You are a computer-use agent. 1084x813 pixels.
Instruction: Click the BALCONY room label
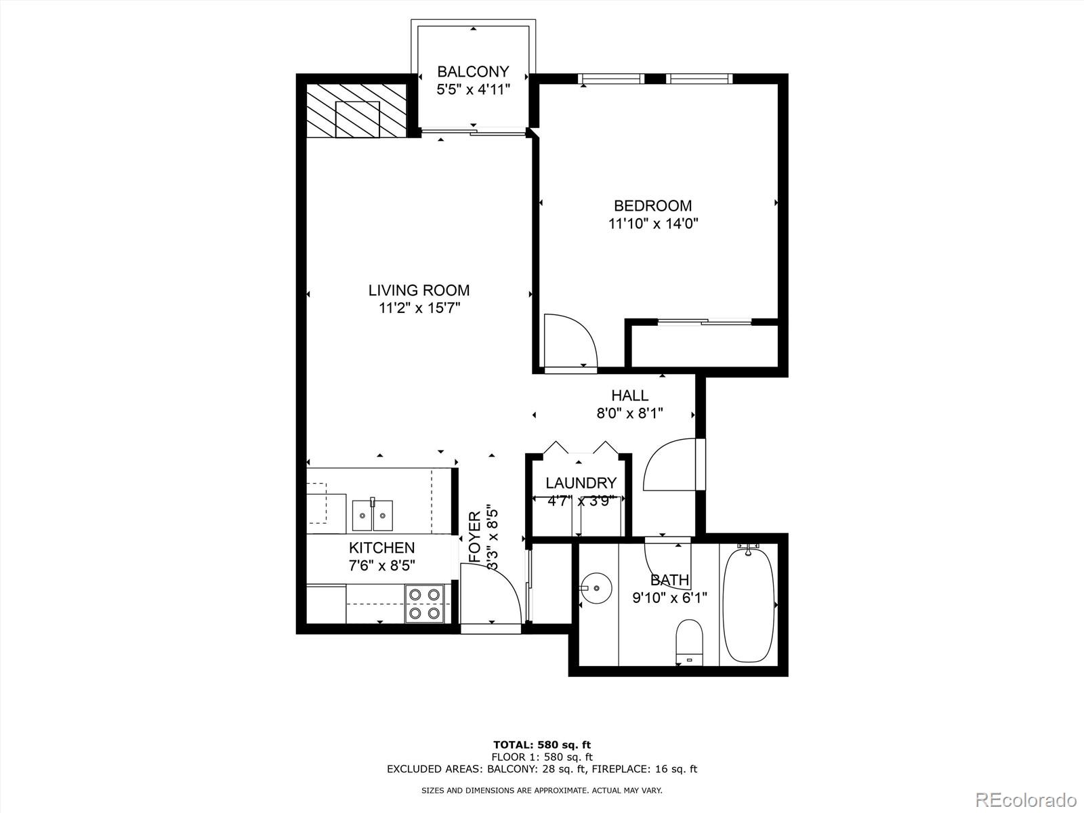coord(473,71)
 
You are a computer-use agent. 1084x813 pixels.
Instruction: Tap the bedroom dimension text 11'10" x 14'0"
coord(653,224)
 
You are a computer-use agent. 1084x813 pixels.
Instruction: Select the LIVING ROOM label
coord(419,291)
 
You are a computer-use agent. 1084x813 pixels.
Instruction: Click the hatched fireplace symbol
coord(357,110)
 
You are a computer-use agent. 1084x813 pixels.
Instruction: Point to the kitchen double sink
coord(372,516)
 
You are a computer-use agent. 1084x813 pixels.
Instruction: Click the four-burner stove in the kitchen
coord(423,604)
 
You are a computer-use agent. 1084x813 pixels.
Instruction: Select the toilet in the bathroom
coord(690,643)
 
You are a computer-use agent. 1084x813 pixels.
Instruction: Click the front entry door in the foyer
coord(491,596)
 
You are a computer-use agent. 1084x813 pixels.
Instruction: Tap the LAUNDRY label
coord(581,483)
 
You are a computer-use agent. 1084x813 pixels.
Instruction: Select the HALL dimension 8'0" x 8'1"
coord(629,413)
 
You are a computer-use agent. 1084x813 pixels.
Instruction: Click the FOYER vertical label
coord(475,536)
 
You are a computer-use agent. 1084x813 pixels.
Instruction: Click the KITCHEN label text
coord(381,547)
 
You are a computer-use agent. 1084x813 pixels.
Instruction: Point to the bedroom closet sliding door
coord(705,322)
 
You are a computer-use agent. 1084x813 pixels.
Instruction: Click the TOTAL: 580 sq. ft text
coord(542,745)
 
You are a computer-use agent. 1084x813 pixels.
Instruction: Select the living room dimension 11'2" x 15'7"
coord(419,308)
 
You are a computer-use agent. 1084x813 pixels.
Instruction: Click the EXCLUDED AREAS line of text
coord(542,769)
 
